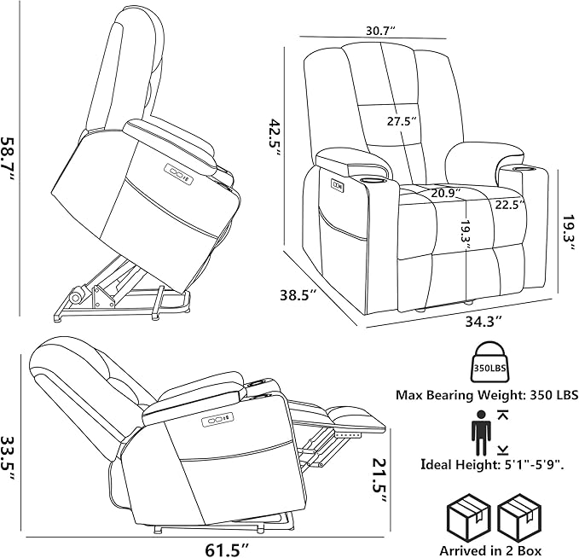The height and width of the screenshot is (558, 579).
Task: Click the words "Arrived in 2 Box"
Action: click(x=490, y=550)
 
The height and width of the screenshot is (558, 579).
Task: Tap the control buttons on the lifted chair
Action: click(x=180, y=174)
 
